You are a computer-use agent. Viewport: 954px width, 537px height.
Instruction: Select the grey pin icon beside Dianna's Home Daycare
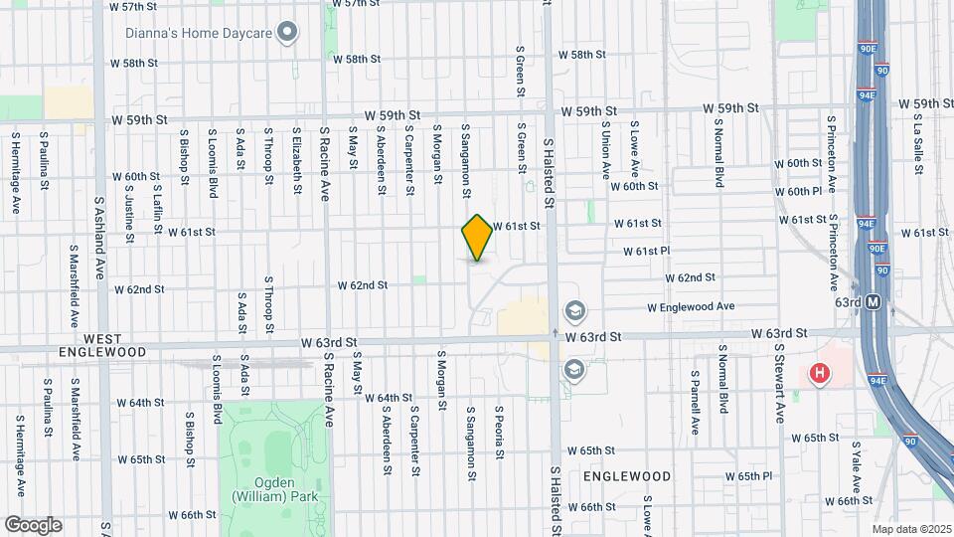pyautogui.click(x=287, y=33)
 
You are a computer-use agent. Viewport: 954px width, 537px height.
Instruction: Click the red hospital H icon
pyautogui.click(x=819, y=374)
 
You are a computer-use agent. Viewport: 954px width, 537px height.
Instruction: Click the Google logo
pyautogui.click(x=33, y=524)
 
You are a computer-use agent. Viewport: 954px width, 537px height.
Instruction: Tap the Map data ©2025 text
pyautogui.click(x=911, y=529)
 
